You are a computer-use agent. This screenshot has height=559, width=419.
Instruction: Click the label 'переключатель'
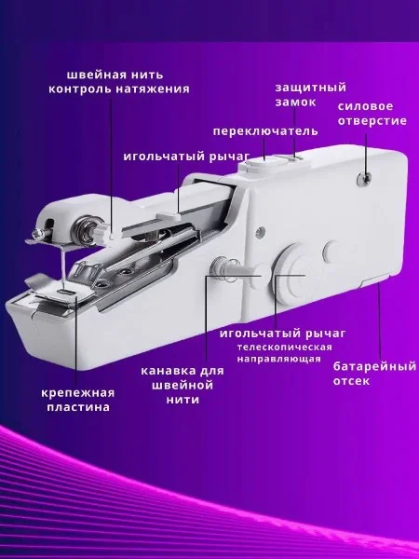pyautogui.click(x=265, y=131)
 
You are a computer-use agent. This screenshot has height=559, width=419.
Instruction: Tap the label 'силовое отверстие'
pyautogui.click(x=372, y=114)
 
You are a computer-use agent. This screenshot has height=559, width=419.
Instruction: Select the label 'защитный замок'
pyautogui.click(x=311, y=95)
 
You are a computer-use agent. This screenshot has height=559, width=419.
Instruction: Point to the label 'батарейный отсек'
pyautogui.click(x=374, y=374)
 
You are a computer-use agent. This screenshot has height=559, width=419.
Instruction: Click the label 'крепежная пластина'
pyautogui.click(x=78, y=400)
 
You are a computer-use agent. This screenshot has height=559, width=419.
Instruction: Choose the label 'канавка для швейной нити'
pyautogui.click(x=182, y=385)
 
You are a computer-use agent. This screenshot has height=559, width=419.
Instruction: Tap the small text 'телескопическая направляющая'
pyautogui.click(x=285, y=353)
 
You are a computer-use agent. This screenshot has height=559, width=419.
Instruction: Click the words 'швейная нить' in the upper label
pyautogui.click(x=115, y=75)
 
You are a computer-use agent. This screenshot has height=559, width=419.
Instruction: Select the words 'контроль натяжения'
pyautogui.click(x=119, y=89)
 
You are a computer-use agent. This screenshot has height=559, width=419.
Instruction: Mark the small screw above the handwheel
pyautogui.click(x=261, y=231)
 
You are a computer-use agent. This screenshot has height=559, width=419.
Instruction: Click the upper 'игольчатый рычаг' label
pyautogui.click(x=186, y=157)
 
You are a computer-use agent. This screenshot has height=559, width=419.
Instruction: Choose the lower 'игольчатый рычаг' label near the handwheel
pyautogui.click(x=282, y=334)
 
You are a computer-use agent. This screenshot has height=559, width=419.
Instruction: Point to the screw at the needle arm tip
pyautogui.click(x=36, y=234)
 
